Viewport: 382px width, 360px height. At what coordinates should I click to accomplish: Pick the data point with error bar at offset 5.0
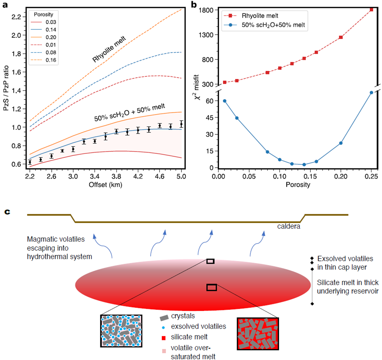coord(181,124)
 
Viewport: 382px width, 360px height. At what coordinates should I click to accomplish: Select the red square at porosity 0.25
coord(371,9)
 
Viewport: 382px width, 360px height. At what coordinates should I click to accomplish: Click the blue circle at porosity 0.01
coord(224,101)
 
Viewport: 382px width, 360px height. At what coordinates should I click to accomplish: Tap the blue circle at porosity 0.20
coord(341,143)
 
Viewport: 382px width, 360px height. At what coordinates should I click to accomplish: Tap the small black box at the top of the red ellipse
coord(210,261)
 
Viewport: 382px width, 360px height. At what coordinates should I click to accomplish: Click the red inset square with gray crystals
coord(257,333)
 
